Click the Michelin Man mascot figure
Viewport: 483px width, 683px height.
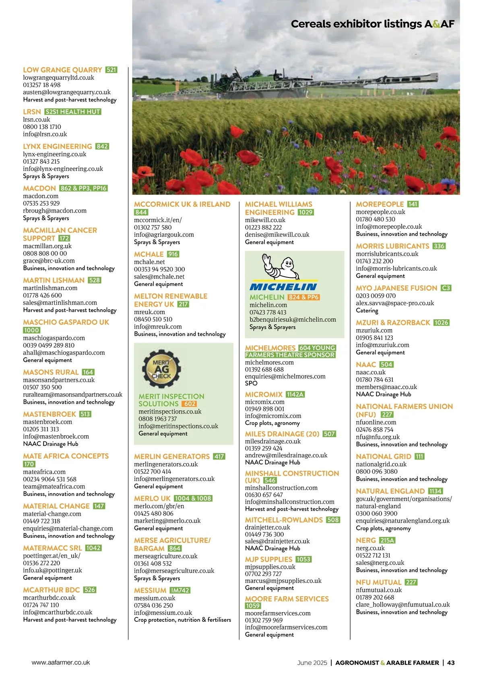281,267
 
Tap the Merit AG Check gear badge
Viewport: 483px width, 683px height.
161,368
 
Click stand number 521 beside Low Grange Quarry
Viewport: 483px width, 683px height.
111,70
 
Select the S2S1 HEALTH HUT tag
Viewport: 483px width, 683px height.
73,112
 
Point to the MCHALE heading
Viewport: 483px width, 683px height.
149,254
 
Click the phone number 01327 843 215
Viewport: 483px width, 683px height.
41,161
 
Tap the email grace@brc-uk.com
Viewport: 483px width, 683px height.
49,261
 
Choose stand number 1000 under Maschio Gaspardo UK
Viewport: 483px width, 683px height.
31,330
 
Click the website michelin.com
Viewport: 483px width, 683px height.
268,305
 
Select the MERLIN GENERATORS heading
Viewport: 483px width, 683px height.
172,456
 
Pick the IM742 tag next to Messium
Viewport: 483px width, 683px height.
180,590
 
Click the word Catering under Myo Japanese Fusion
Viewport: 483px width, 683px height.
367,310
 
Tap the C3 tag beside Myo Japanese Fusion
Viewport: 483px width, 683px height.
446,288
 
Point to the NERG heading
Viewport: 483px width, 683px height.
366,540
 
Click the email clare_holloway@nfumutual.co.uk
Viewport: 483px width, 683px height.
403,604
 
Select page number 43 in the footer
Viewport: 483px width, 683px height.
451,662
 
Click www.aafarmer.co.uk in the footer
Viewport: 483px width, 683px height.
61,662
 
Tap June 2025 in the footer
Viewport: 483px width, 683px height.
312,662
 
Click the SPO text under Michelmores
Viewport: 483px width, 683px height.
251,383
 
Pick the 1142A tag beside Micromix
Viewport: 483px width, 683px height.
295,394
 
